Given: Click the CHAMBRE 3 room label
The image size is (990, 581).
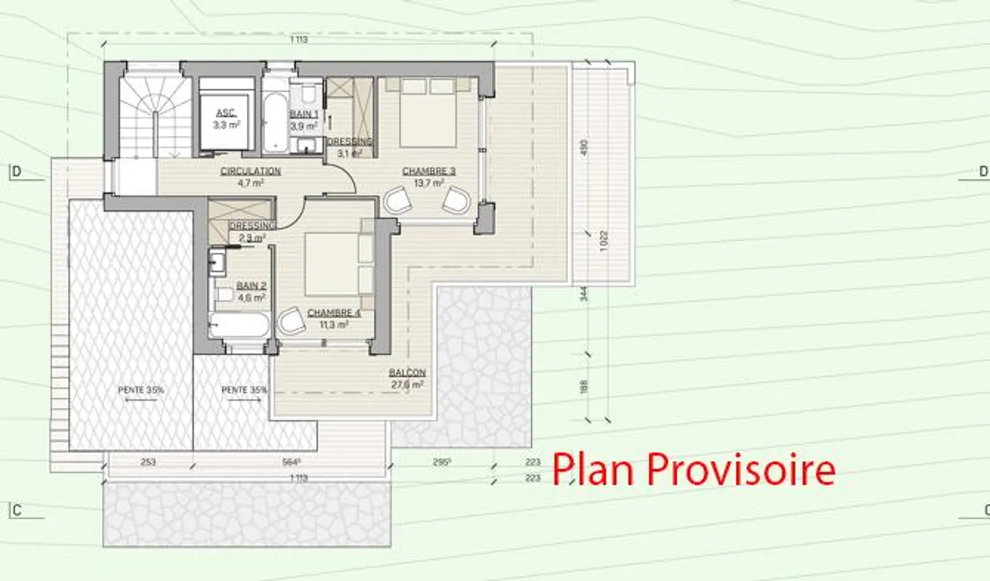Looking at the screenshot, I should click(x=428, y=171).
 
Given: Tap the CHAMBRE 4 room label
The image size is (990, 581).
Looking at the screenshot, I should click(x=333, y=313).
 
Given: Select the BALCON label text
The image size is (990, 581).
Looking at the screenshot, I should click(x=408, y=373).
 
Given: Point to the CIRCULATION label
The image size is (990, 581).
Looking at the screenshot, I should click(x=250, y=171).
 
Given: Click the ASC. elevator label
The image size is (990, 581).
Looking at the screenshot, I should click(x=225, y=113).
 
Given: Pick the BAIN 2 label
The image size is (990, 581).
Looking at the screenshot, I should click(x=251, y=285).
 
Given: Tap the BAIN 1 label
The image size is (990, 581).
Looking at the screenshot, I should click(x=304, y=114).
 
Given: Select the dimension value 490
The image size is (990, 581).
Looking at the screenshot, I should click(x=585, y=148).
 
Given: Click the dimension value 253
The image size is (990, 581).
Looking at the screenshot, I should click(x=148, y=463).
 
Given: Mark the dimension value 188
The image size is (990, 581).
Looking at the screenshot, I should click(x=585, y=387).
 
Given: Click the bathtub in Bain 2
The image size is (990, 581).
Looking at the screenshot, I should click(x=239, y=325).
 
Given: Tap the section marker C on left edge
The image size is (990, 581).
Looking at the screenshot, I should click(x=17, y=510).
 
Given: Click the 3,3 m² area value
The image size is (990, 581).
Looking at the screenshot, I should click(x=225, y=125).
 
